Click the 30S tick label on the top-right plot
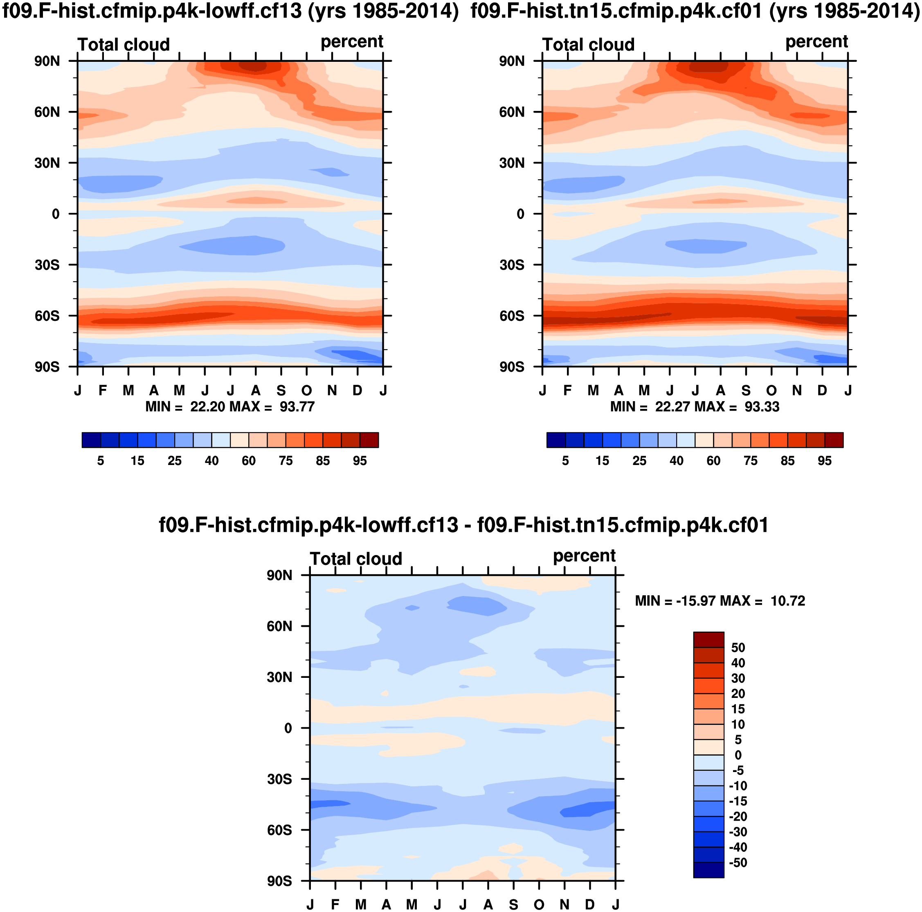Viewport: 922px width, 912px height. coord(512,265)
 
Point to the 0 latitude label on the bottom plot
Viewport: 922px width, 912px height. coord(288,728)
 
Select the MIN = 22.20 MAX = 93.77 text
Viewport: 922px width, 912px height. coord(229,407)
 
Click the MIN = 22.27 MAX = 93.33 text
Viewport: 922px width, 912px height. coord(695,407)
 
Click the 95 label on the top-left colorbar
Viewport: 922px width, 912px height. coord(360,461)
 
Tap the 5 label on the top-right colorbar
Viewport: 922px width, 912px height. coord(565,461)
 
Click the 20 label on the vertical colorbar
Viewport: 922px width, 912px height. coord(738,694)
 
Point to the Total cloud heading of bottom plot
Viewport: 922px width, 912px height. coord(356,559)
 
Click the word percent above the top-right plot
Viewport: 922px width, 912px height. coord(816,42)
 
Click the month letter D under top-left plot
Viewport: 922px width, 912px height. coord(358,391)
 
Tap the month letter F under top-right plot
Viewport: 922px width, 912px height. coord(567,391)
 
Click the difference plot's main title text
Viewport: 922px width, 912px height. coord(463,525)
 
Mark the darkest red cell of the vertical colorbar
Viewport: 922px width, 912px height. coord(708,639)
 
